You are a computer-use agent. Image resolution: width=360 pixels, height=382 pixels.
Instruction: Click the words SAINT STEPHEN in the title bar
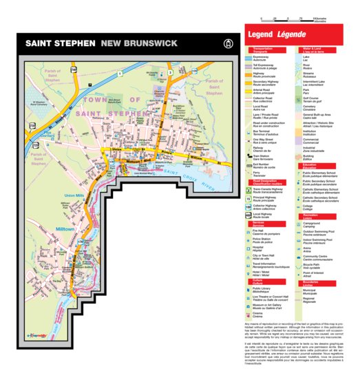point(60,43)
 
